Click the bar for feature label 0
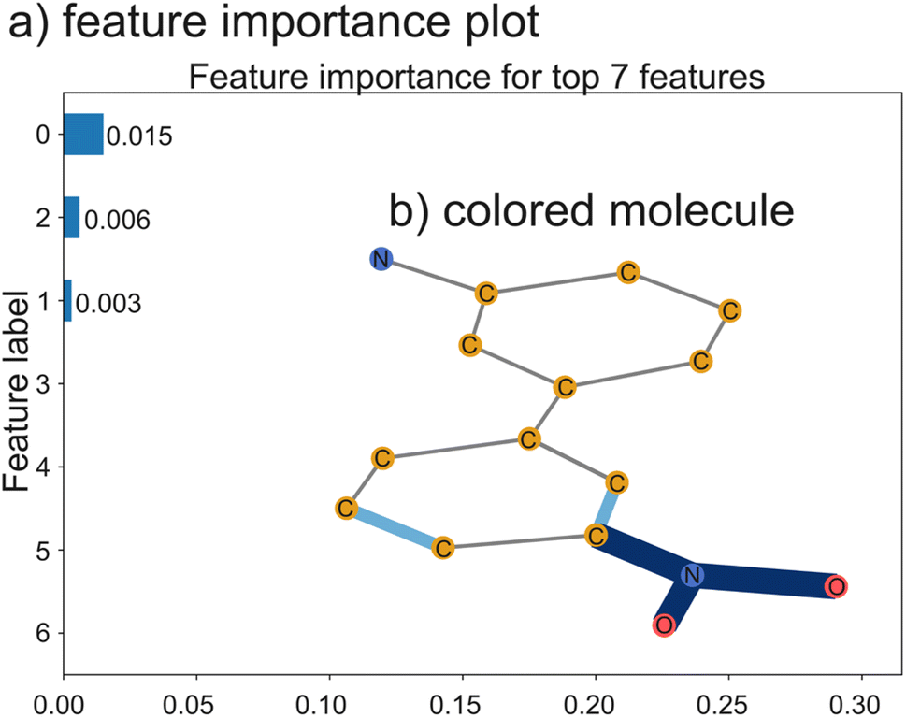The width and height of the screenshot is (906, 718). coord(83,135)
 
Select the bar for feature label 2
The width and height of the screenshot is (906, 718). coord(71,218)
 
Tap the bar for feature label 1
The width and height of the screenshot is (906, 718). coord(67,301)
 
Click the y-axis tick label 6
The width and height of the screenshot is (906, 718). coord(41,633)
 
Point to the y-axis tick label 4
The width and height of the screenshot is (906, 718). coord(41,467)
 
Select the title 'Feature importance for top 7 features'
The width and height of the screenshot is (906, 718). coord(477,77)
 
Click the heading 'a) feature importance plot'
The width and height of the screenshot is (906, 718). coord(274,24)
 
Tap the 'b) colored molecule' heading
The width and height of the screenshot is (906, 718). coord(591,212)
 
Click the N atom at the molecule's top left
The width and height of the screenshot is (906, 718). coord(380,259)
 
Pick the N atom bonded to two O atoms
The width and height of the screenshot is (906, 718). coord(692,575)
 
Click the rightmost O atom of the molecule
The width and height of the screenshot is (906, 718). coord(836,586)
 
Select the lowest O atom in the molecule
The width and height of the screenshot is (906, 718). coord(664,625)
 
